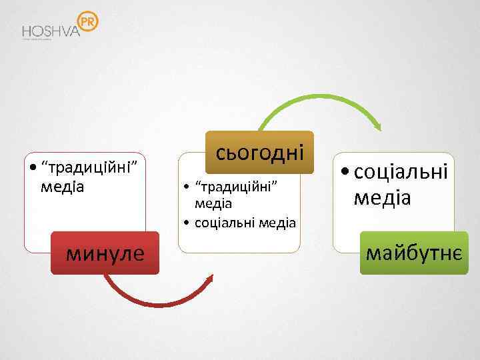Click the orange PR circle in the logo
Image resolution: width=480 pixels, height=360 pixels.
coord(88,23)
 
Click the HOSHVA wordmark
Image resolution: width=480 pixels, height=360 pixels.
coord(51,31)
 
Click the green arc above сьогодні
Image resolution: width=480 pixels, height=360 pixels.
coord(320,100)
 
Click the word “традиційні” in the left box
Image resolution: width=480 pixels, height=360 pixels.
coord(89,167)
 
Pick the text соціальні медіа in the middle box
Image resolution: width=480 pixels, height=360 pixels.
coord(245,222)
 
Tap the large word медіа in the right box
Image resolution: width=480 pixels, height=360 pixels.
coord(383,197)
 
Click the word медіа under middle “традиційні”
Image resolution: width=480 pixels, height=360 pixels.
coord(213,202)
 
